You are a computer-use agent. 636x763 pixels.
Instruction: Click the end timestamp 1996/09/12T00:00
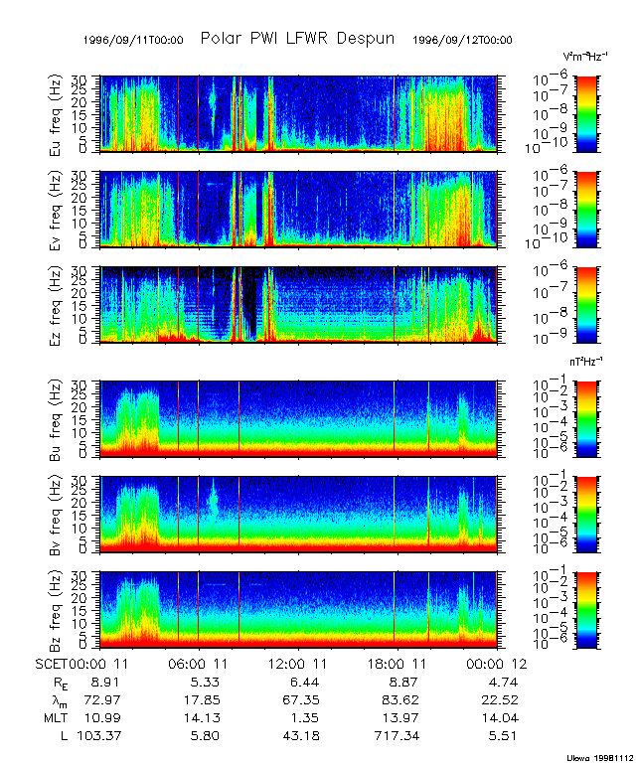tap(462, 41)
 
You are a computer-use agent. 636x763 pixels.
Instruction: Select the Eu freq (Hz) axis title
tap(57, 113)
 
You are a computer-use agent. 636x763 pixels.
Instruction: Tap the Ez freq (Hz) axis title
tap(57, 304)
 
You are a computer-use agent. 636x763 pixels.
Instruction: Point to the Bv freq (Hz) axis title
tap(57, 514)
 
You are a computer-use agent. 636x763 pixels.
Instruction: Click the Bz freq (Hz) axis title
tap(57, 609)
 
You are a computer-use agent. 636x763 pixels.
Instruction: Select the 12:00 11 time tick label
tap(299, 663)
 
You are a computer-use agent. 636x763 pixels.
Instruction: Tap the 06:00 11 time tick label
tap(201, 663)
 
